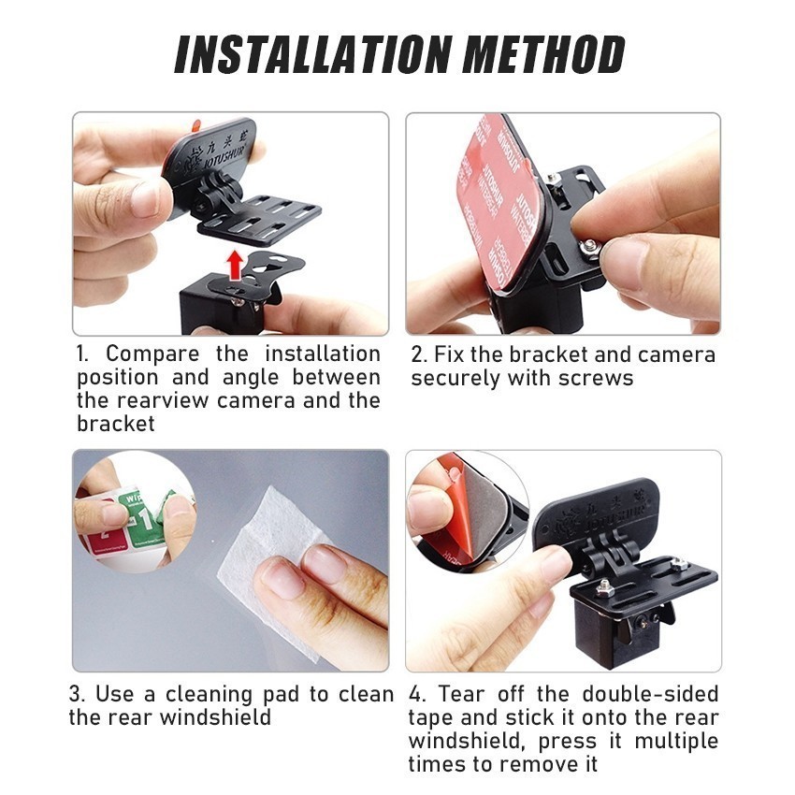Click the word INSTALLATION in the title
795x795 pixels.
[x=312, y=54]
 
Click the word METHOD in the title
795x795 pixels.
[x=543, y=54]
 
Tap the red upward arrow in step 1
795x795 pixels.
[x=234, y=265]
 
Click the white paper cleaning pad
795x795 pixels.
[x=271, y=547]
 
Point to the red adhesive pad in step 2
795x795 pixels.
[x=499, y=203]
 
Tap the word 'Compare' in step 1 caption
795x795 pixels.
[x=152, y=354]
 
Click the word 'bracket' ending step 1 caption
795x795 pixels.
[x=116, y=424]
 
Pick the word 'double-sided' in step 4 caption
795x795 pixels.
[x=651, y=694]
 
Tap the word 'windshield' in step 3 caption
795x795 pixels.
[x=215, y=717]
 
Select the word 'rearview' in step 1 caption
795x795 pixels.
[x=162, y=400]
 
